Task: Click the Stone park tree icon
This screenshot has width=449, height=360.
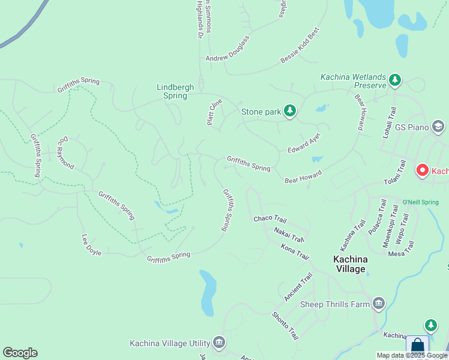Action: click(x=290, y=111)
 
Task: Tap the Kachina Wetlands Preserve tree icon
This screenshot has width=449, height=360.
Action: click(x=394, y=80)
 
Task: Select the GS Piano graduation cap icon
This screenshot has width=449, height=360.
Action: click(x=438, y=127)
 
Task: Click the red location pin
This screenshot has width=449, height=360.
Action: click(x=423, y=171)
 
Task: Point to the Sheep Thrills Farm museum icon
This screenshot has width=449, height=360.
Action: click(x=378, y=304)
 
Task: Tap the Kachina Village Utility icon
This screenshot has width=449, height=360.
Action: click(x=218, y=343)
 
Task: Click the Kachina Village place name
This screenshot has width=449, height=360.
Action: click(x=358, y=264)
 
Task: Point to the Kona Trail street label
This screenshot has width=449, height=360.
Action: click(x=295, y=251)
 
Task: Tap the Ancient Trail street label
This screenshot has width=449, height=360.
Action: click(x=298, y=287)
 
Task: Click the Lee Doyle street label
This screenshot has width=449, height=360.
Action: click(x=91, y=245)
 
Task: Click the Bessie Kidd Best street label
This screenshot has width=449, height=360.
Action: click(x=301, y=46)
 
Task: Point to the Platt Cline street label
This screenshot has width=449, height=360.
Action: click(x=214, y=112)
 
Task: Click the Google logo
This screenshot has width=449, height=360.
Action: click(x=20, y=353)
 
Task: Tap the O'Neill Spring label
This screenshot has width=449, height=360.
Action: click(x=420, y=202)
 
